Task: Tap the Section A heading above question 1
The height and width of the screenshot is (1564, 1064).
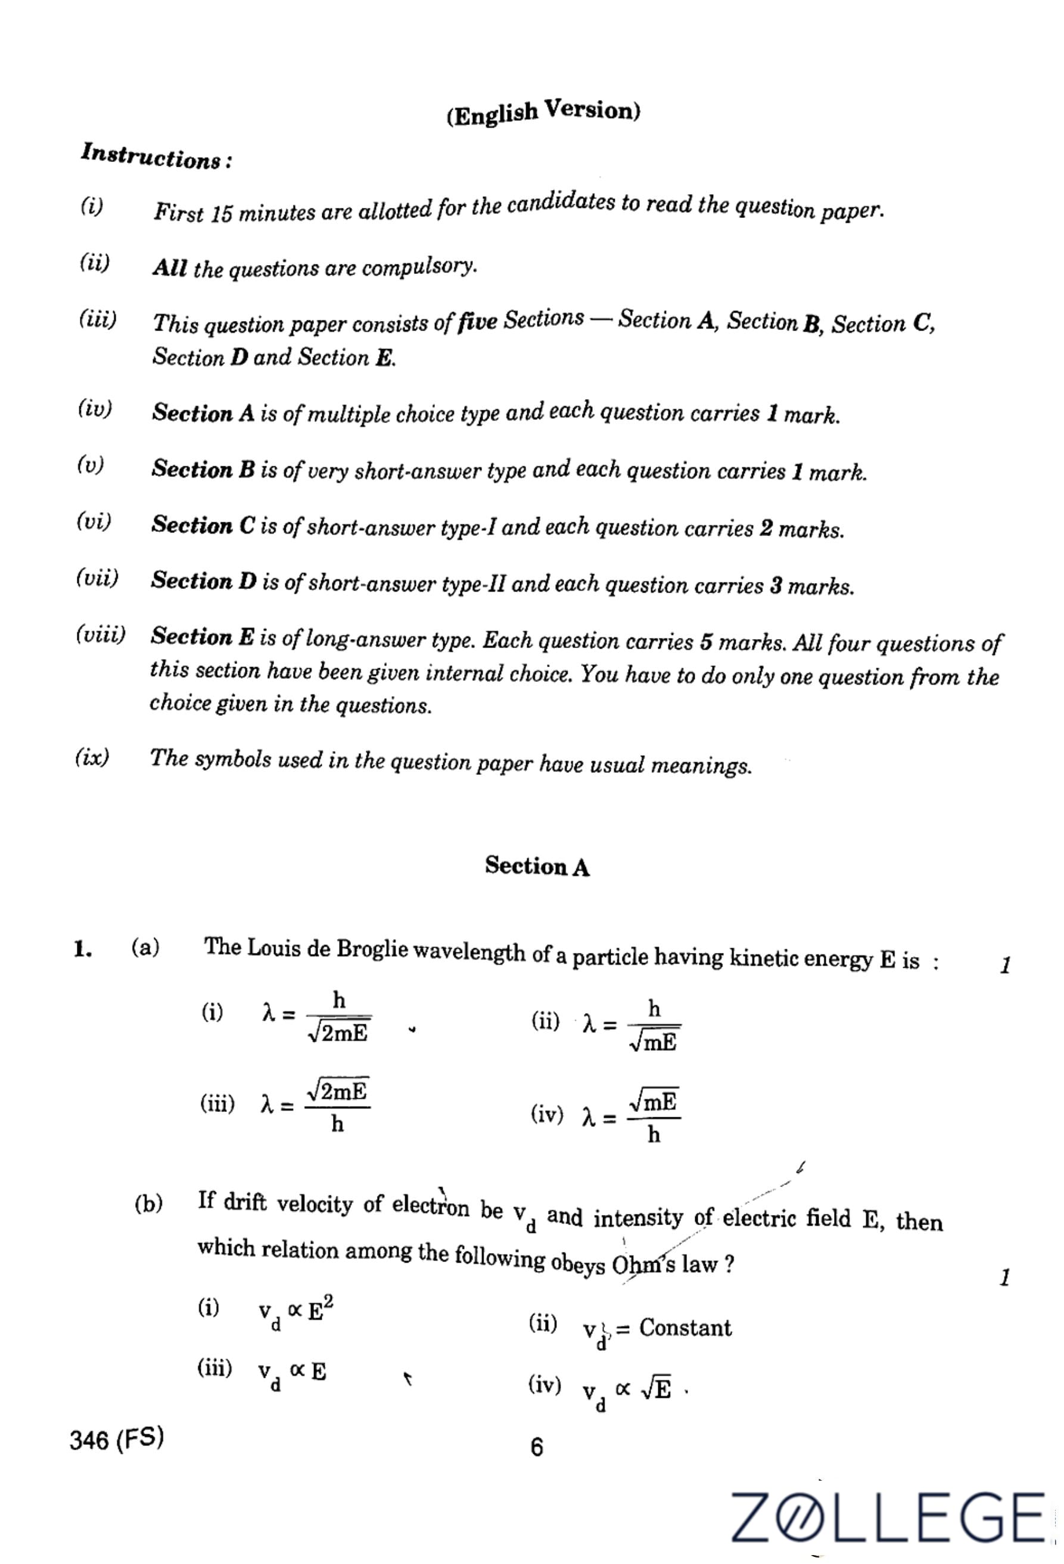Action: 536,866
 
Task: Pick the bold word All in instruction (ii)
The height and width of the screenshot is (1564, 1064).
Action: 169,268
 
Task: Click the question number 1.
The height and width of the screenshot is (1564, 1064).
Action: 83,949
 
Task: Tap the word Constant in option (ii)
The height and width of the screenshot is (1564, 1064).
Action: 685,1327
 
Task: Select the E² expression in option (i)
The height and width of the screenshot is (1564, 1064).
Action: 321,1310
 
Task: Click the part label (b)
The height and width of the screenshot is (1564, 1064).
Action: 148,1203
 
